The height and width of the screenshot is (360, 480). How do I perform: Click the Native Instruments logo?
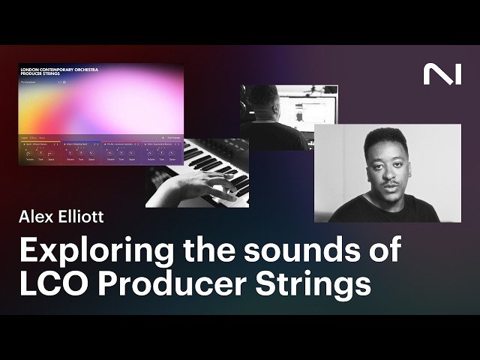point(442,73)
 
